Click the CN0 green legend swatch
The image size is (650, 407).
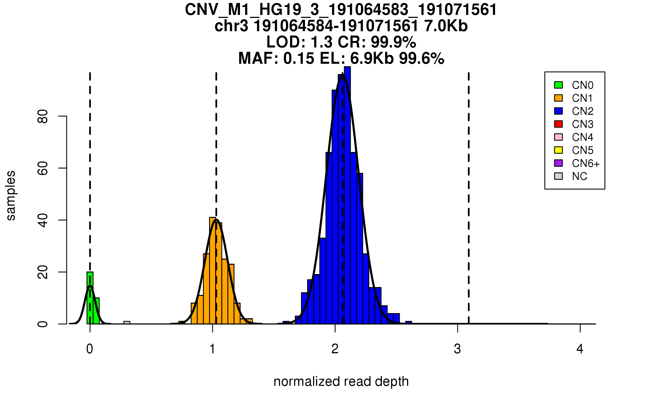pos(558,85)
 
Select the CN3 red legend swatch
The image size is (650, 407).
pos(558,124)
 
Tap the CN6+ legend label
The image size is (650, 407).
pos(586,163)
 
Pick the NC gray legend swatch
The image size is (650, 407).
pos(558,176)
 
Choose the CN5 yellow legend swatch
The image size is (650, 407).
pos(558,150)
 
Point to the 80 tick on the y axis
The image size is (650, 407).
pos(63,116)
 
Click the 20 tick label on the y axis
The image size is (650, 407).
pos(43,272)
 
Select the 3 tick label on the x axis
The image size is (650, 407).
pos(457,349)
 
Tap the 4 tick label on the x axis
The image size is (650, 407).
pos(580,349)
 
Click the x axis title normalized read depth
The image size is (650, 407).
pos(341,381)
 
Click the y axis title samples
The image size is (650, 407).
pos(11,195)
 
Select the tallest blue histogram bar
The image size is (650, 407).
pos(347,195)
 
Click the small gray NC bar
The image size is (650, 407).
pos(127,322)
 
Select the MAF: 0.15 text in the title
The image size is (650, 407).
pos(276,58)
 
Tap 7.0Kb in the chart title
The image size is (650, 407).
pos(446,26)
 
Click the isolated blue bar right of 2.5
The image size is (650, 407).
pos(409,322)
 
